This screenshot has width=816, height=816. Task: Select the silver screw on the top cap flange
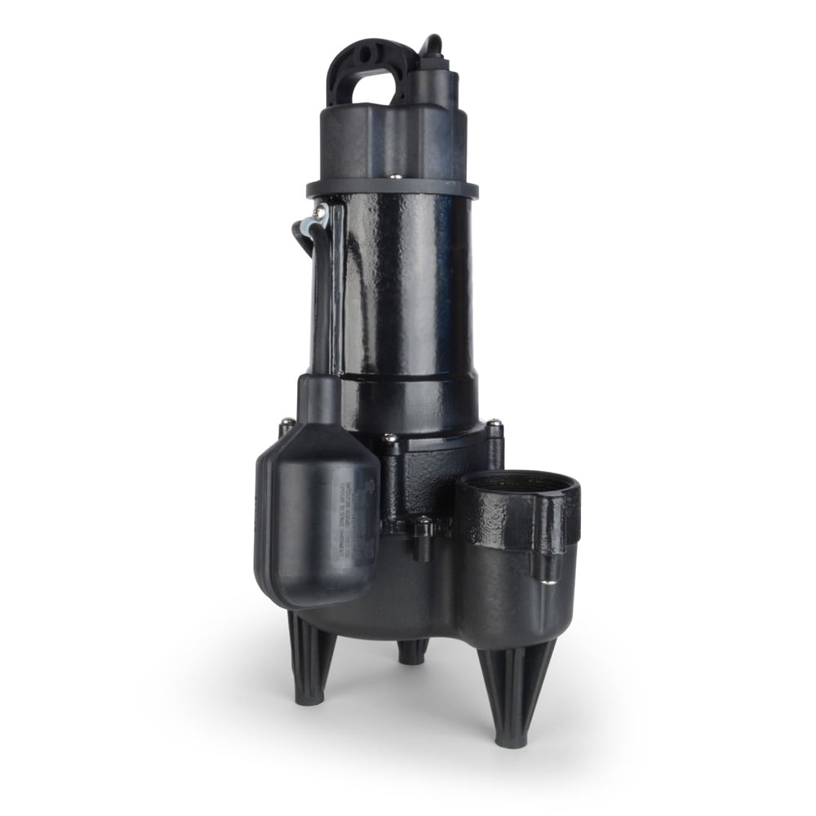click(x=395, y=175)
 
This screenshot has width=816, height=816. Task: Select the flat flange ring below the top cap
click(x=392, y=189)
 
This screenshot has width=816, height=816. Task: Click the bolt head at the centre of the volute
click(x=390, y=441)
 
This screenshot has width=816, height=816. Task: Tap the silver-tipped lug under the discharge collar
click(x=539, y=571)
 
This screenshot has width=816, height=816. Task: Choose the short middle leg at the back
click(x=413, y=650)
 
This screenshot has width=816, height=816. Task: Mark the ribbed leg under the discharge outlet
click(x=512, y=694)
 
